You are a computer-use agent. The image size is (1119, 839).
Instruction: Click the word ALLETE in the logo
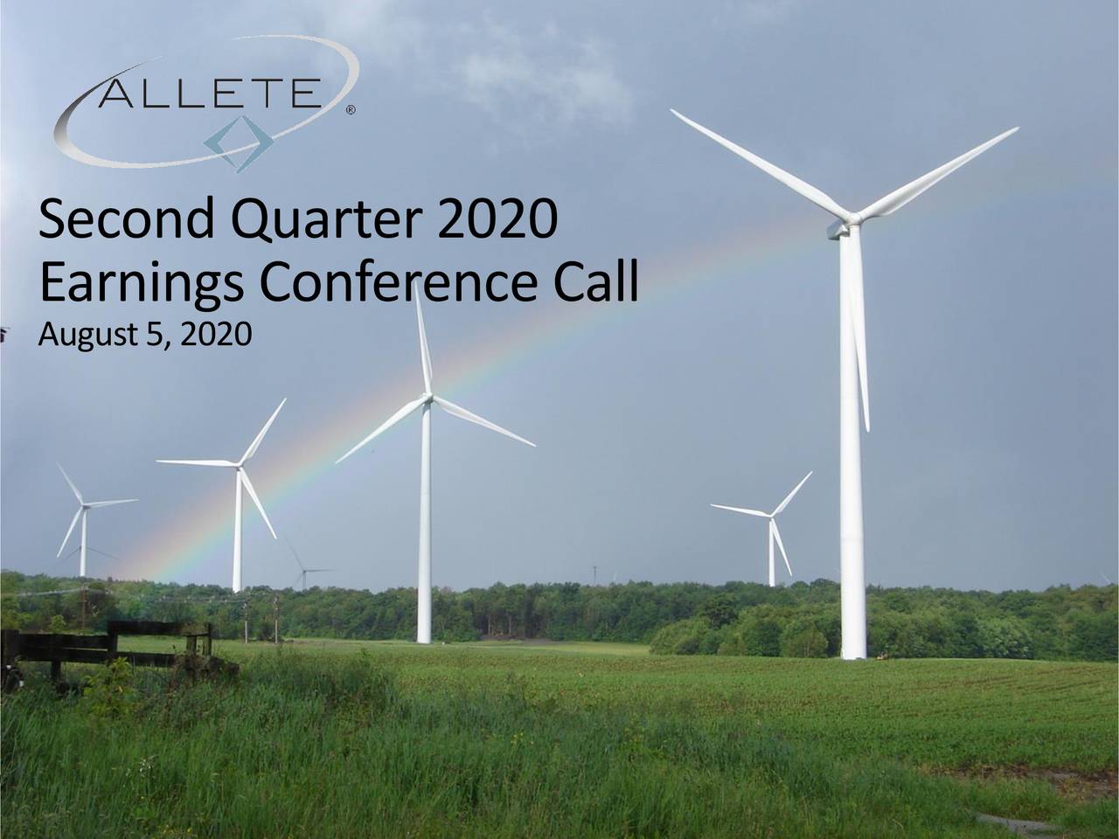[x=208, y=92]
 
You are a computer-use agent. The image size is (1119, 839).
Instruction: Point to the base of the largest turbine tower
[x=852, y=651]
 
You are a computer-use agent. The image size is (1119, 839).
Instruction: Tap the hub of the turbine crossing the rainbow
[x=427, y=399]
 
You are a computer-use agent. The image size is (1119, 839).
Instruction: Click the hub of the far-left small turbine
[x=83, y=504]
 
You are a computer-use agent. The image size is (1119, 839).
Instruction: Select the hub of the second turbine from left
[x=238, y=465]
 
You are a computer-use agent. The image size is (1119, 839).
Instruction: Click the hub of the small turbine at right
[x=771, y=516]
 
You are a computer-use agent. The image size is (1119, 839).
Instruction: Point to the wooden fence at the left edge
[x=114, y=642]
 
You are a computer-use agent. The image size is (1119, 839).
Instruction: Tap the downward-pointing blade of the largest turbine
[x=862, y=350]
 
